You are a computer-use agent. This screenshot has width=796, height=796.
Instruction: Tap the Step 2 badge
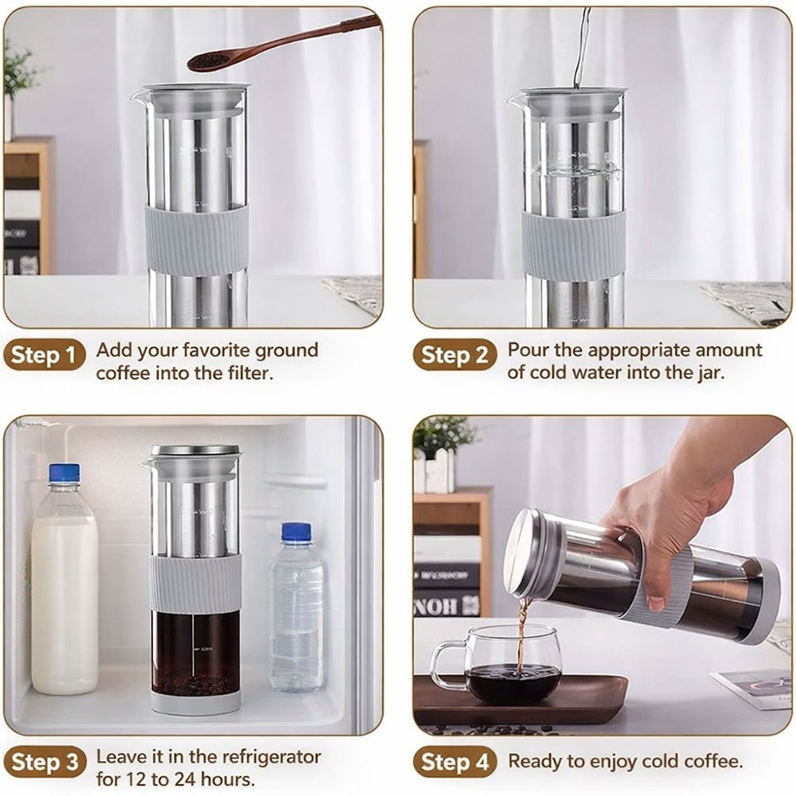coord(454,356)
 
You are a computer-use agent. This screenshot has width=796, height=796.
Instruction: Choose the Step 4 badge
coord(454,763)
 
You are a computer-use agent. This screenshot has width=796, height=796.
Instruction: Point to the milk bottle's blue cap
coord(64,474)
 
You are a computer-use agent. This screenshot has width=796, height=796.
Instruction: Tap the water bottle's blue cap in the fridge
coord(296,533)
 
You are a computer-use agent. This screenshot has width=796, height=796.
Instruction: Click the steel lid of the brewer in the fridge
coord(196,451)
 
